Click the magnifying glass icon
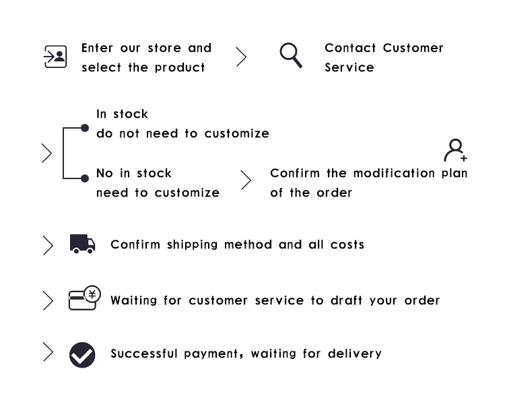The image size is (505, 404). pyautogui.click(x=291, y=55)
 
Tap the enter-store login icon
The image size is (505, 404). pyautogui.click(x=55, y=57)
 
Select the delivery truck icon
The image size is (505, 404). pyautogui.click(x=82, y=244)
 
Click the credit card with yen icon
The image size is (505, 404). pyautogui.click(x=84, y=298)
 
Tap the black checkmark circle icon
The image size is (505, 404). pyautogui.click(x=82, y=354)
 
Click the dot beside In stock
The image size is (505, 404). pyautogui.click(x=85, y=127)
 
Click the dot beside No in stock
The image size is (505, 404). pyautogui.click(x=85, y=178)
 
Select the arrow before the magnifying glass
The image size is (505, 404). pyautogui.click(x=241, y=57)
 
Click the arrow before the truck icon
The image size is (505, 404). pyautogui.click(x=48, y=245)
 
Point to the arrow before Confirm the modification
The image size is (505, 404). pyautogui.click(x=246, y=180)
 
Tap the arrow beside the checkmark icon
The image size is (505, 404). pyautogui.click(x=48, y=352)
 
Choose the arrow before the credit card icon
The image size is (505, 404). pyautogui.click(x=48, y=300)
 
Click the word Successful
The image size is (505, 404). pyautogui.click(x=144, y=353)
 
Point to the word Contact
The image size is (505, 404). pyautogui.click(x=350, y=48)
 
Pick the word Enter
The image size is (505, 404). pyautogui.click(x=98, y=48)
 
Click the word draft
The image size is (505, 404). pyautogui.click(x=346, y=300)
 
